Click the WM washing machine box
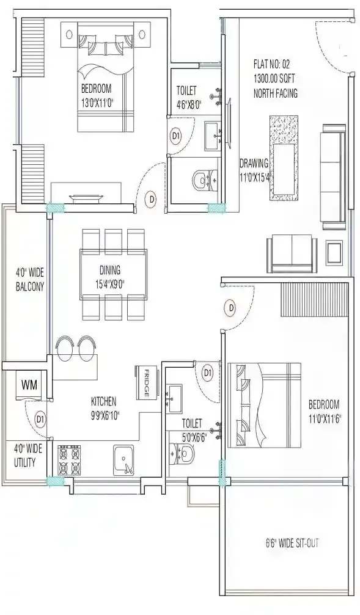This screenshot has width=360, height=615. (28, 385)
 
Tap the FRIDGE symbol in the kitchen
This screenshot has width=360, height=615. (143, 384)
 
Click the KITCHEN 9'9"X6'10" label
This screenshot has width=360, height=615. (112, 407)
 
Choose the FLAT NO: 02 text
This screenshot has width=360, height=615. (275, 64)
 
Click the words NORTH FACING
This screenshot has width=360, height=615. (275, 93)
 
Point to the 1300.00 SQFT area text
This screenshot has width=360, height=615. (275, 78)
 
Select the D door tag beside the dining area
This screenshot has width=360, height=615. (151, 198)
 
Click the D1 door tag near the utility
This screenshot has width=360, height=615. (40, 419)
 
